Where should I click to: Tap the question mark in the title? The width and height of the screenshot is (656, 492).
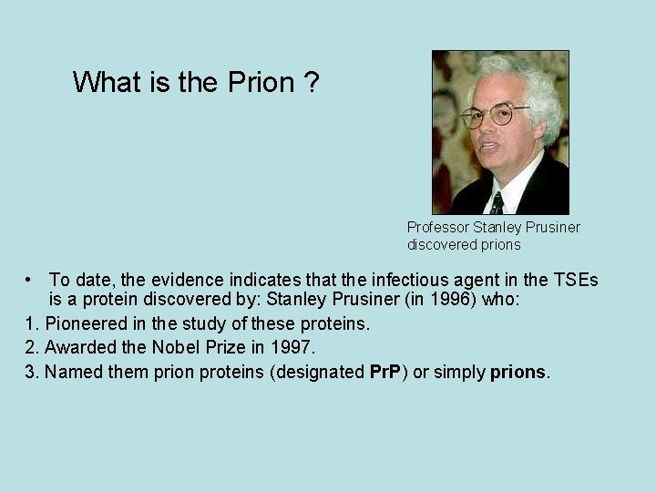coord(312,83)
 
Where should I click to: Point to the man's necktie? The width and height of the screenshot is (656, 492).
coord(497,202)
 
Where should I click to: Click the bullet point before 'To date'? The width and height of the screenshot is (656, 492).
coord(30,279)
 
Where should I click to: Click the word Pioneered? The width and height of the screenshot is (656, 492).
coord(86,324)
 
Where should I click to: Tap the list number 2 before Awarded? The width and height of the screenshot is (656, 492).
coord(32,347)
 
